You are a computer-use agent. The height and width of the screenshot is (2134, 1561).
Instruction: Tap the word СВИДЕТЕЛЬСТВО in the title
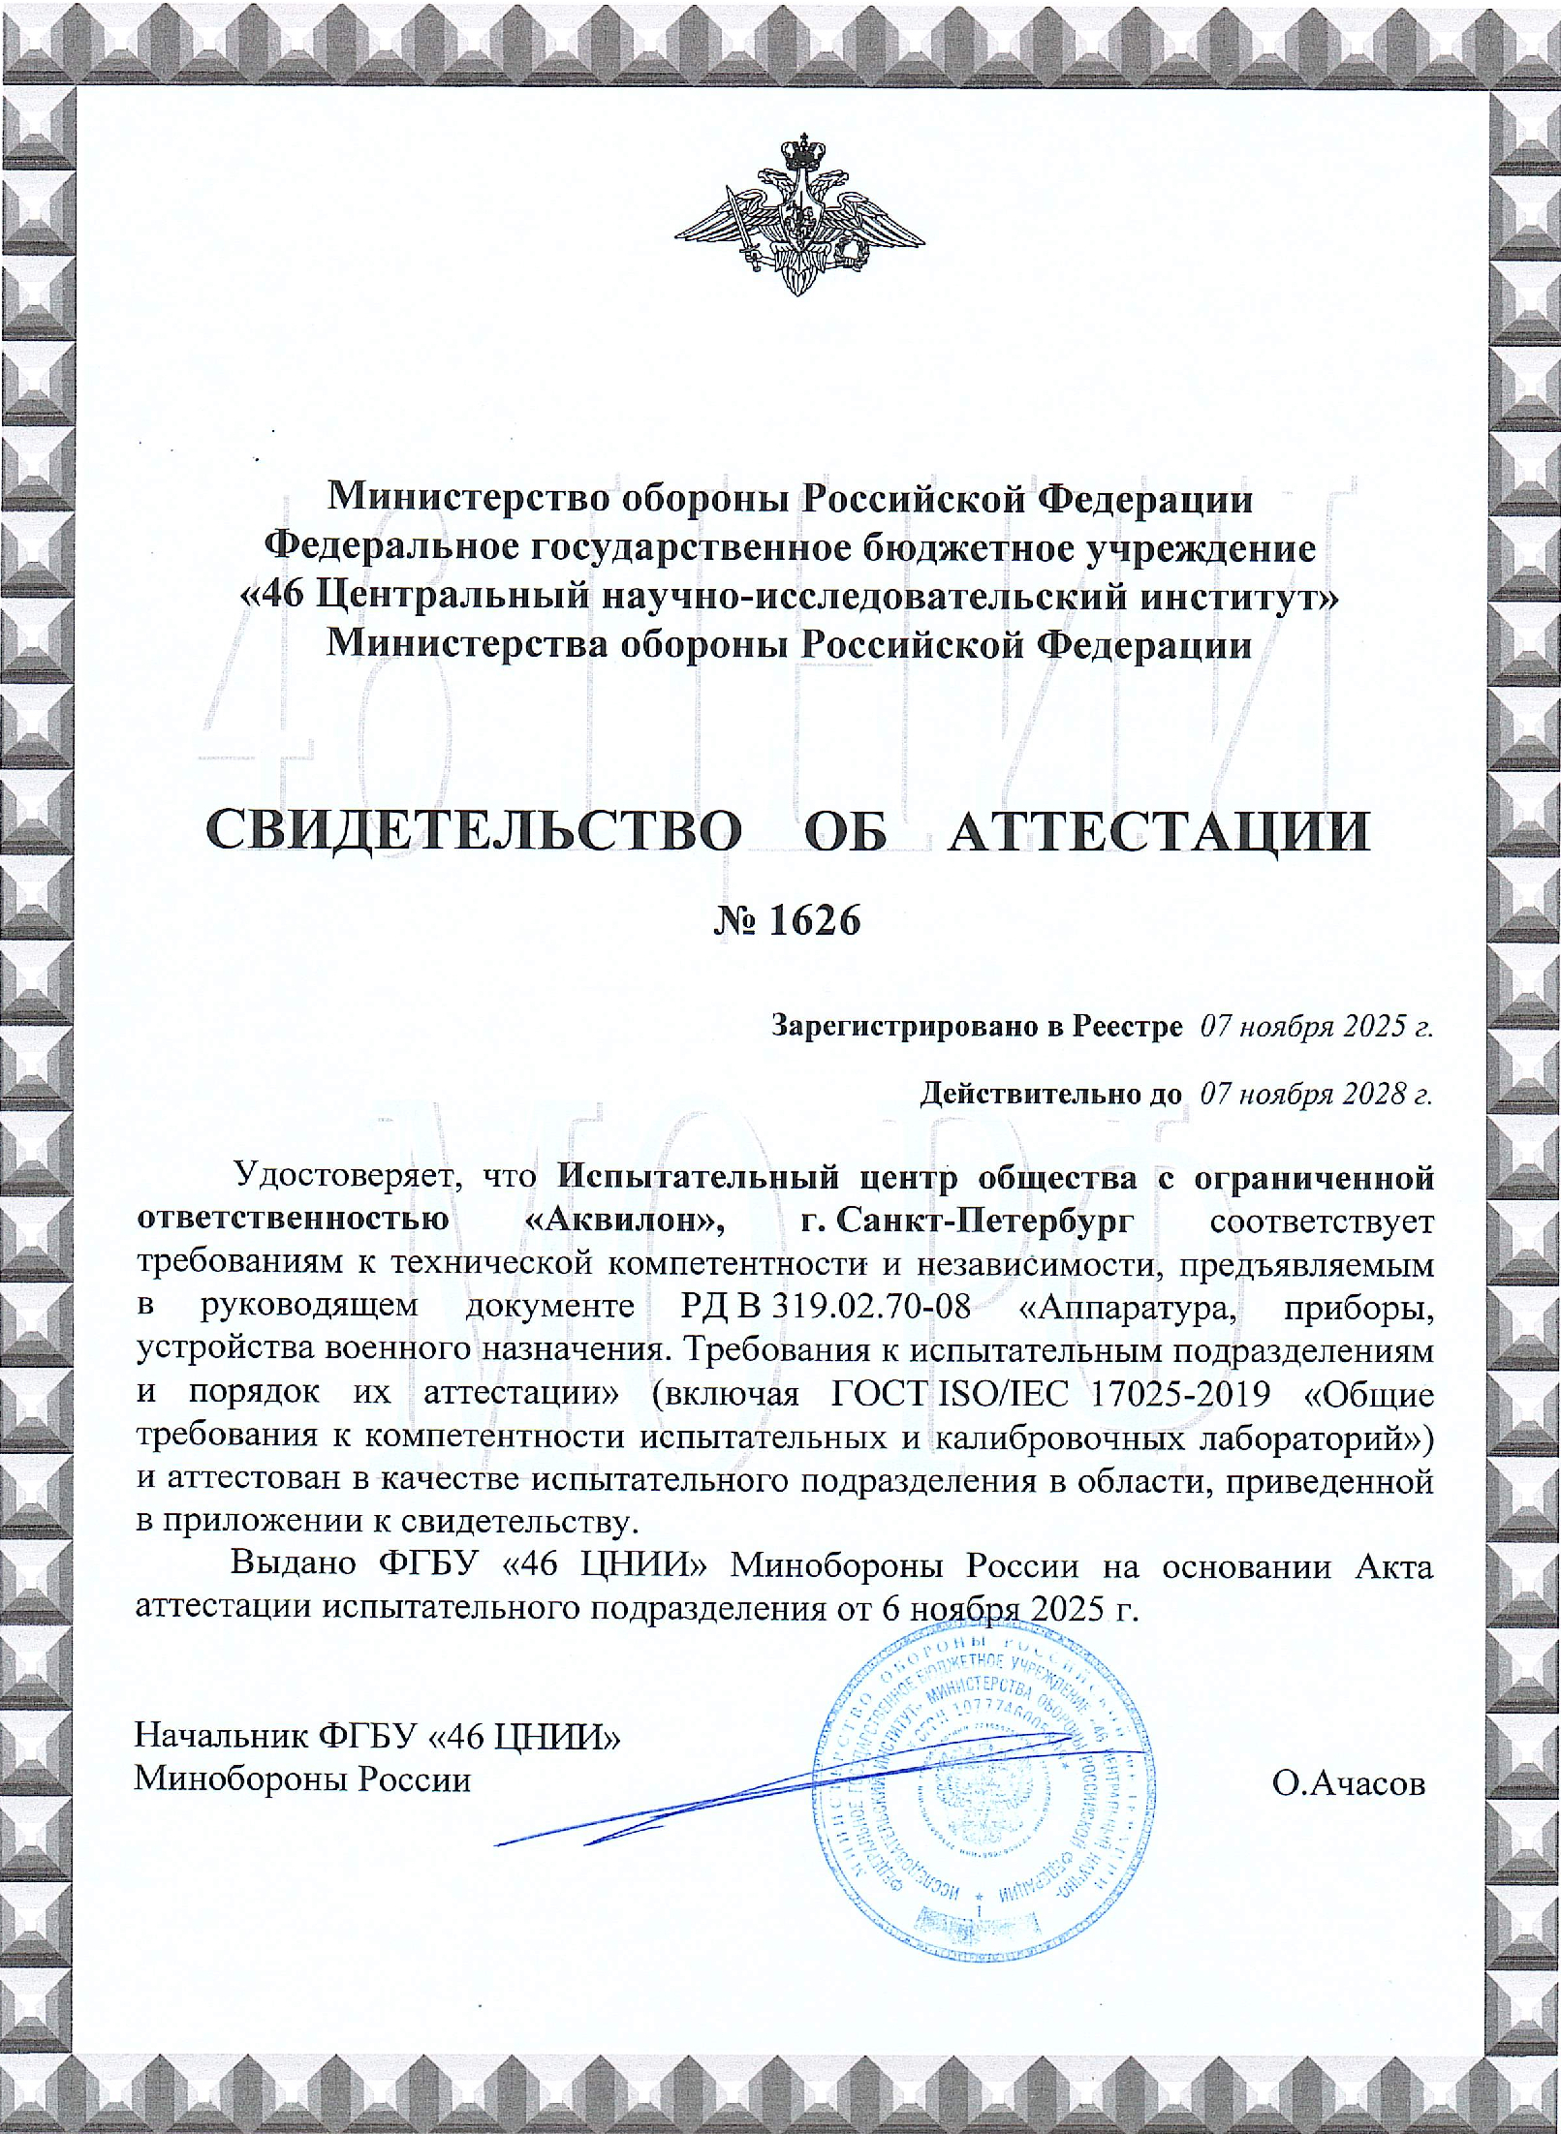point(474,830)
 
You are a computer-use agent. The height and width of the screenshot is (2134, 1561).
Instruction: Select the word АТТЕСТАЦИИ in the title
point(1159,830)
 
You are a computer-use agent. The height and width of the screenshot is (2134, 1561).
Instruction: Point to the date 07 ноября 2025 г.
point(1316,1027)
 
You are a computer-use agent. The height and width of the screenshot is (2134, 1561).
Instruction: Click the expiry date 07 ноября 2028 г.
point(1316,1095)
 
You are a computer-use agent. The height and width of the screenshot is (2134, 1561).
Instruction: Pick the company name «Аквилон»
point(626,1221)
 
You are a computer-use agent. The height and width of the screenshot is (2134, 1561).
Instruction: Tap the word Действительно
point(1050,1095)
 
